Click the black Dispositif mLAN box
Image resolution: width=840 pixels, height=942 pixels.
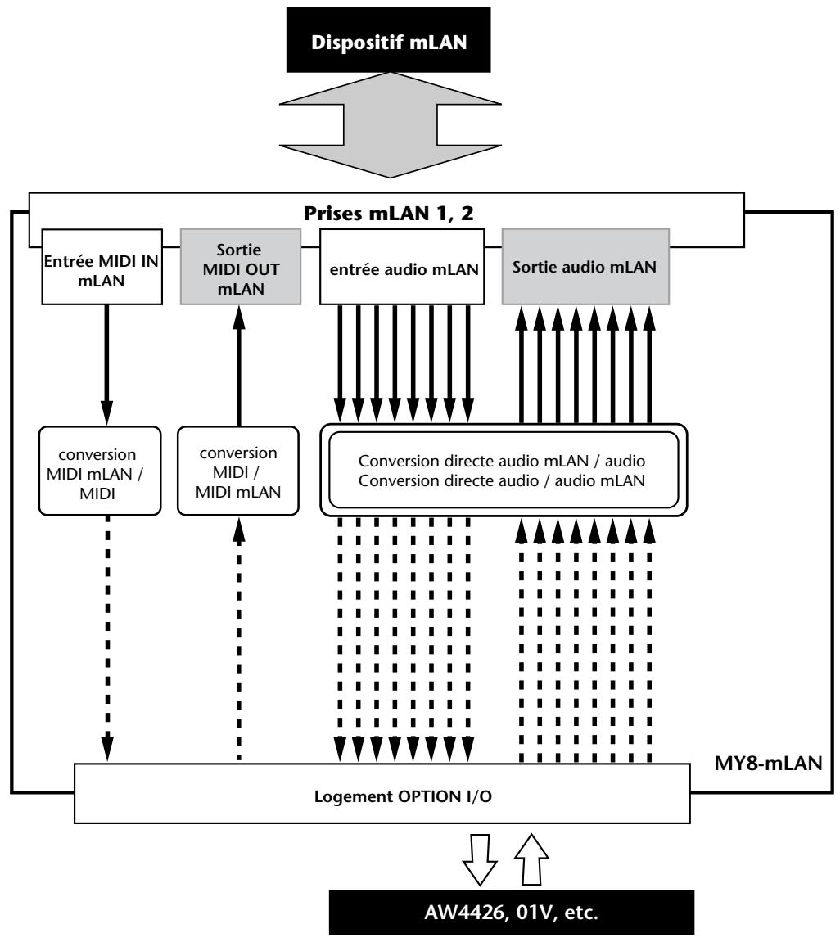pos(388,39)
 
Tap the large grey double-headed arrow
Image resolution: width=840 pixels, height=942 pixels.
pos(390,125)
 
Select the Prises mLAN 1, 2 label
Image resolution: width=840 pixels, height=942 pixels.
pos(388,214)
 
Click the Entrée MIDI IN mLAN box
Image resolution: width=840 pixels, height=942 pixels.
pos(102,267)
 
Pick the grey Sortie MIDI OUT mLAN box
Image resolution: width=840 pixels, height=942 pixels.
pos(241,267)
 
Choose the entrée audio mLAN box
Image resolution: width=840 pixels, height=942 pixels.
pos(402,267)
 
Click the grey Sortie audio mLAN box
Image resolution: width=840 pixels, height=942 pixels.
pos(585,267)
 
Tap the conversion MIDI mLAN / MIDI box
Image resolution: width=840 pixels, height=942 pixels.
pos(100,471)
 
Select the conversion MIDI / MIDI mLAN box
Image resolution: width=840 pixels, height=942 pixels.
pos(238,471)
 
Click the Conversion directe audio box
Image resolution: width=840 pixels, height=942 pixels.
pos(504,471)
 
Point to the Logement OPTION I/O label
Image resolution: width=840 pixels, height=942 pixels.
pos(403,796)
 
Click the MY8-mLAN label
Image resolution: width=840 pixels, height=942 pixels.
pos(768,764)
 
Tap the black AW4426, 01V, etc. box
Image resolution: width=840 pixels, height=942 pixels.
pos(512,913)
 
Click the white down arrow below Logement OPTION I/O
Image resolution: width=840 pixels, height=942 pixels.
pos(480,859)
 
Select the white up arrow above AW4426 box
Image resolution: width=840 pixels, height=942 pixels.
pos(532,859)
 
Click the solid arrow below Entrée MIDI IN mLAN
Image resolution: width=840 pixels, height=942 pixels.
pos(107,365)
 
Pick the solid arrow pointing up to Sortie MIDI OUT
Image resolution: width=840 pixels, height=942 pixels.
pos(239,366)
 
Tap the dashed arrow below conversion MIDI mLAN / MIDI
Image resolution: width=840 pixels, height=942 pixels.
pos(107,638)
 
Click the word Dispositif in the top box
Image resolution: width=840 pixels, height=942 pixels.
pos(358,43)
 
